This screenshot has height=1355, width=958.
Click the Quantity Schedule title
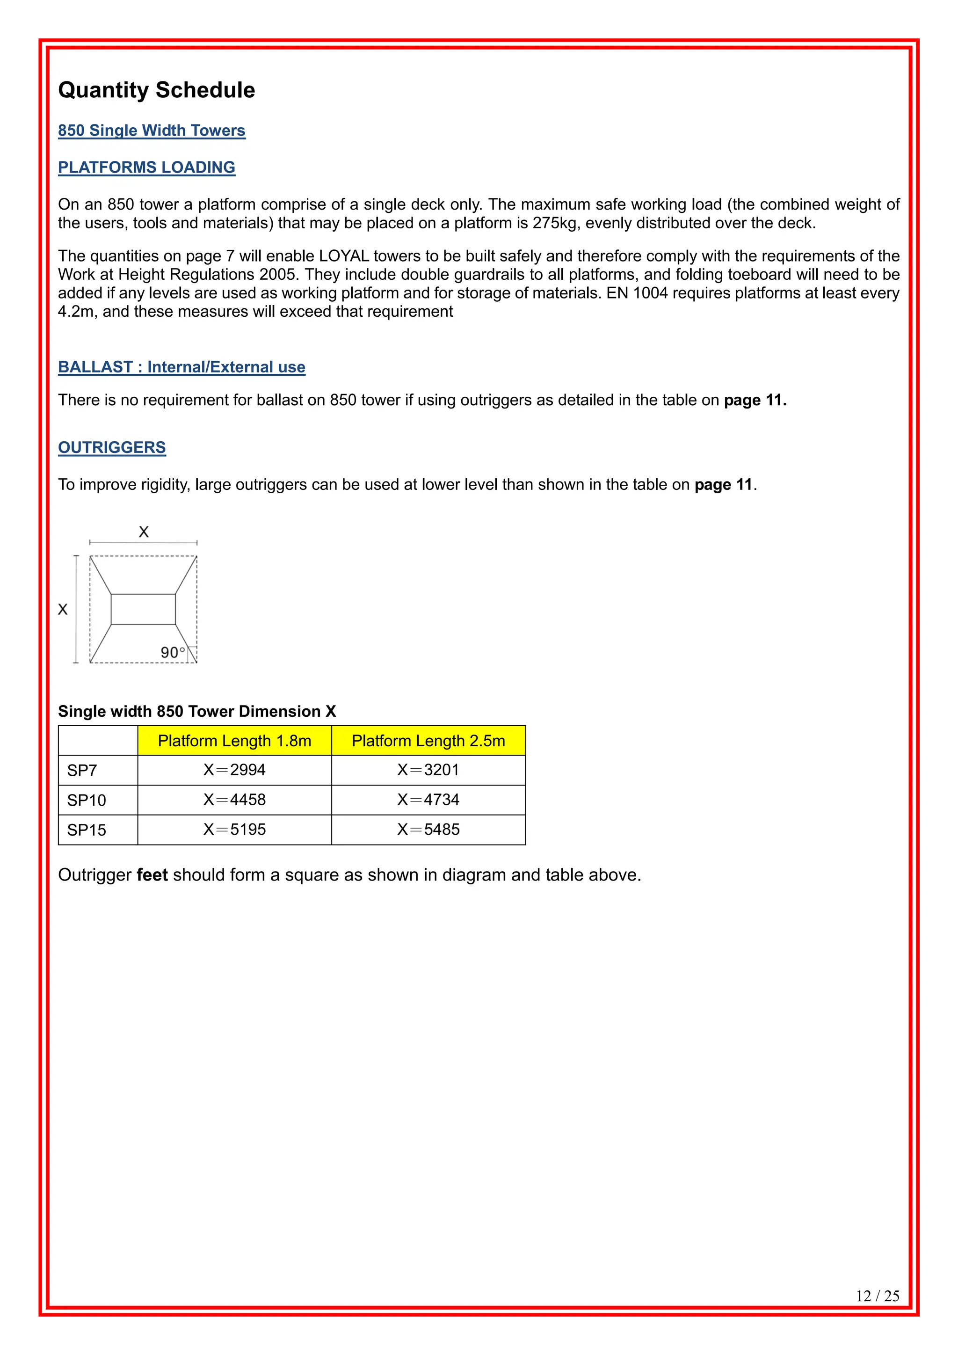click(156, 90)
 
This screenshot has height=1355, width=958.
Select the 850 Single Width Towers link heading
click(152, 131)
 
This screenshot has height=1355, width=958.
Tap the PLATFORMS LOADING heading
click(146, 168)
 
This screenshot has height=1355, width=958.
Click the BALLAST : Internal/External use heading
click(181, 367)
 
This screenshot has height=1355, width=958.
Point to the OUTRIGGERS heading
click(112, 447)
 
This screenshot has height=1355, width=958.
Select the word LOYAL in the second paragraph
click(344, 256)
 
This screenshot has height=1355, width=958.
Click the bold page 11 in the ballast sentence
click(755, 400)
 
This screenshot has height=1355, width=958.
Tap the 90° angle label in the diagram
click(172, 653)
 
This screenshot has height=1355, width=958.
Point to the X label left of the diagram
click(63, 610)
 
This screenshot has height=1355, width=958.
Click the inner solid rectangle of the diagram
click(143, 609)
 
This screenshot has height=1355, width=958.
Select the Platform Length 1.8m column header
click(234, 741)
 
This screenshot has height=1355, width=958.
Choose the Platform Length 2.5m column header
click(428, 741)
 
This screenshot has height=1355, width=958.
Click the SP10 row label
click(87, 800)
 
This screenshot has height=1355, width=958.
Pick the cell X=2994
click(234, 770)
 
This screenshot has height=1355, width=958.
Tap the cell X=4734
click(428, 800)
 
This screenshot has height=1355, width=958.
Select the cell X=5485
click(428, 830)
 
